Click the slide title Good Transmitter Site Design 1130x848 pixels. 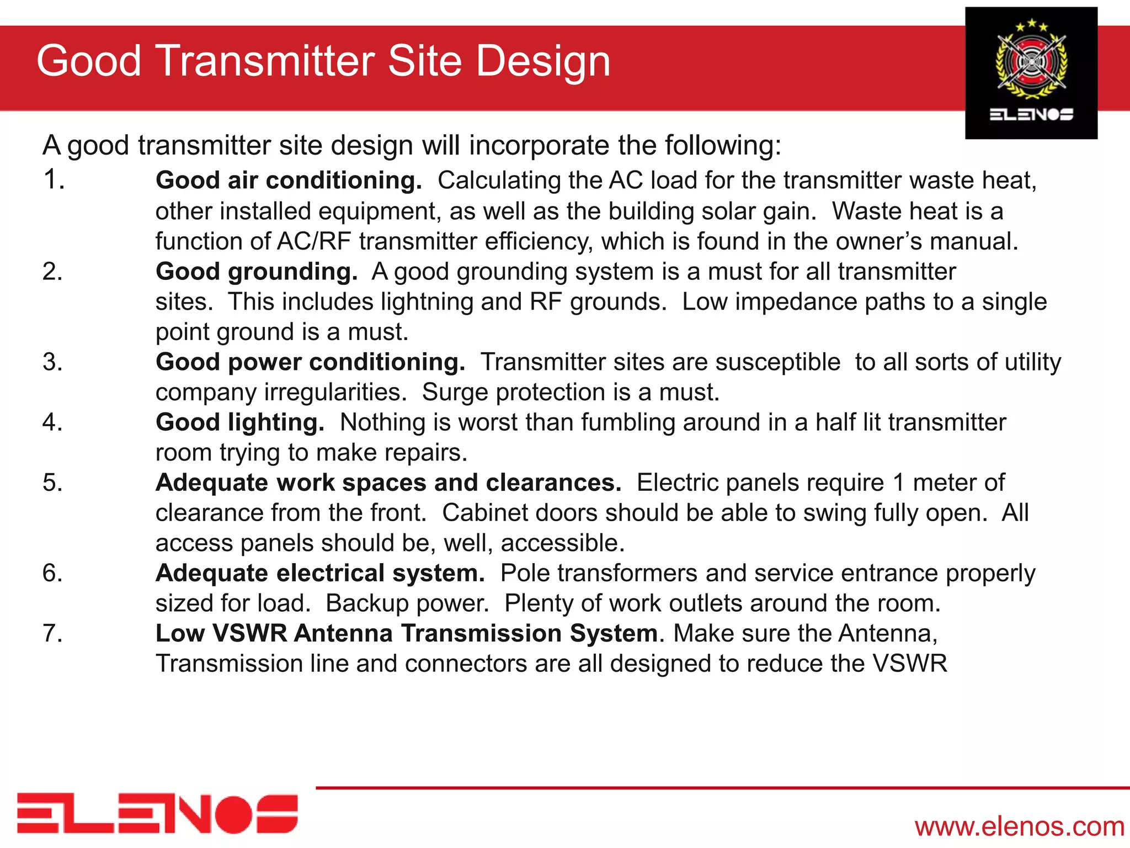(323, 62)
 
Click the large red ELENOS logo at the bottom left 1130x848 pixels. (157, 813)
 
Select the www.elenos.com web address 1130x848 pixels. (1019, 826)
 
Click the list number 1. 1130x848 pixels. (54, 180)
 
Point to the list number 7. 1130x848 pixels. (52, 633)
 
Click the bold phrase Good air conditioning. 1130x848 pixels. (289, 181)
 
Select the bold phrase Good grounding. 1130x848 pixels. (257, 272)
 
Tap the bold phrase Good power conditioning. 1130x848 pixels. (310, 362)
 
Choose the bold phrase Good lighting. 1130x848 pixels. (240, 422)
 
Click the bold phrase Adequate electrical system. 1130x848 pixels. (320, 573)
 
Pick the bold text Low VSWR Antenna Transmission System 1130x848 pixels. (407, 633)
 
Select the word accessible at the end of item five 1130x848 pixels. (562, 543)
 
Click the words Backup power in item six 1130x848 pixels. (407, 603)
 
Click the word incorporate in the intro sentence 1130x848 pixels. (539, 146)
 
